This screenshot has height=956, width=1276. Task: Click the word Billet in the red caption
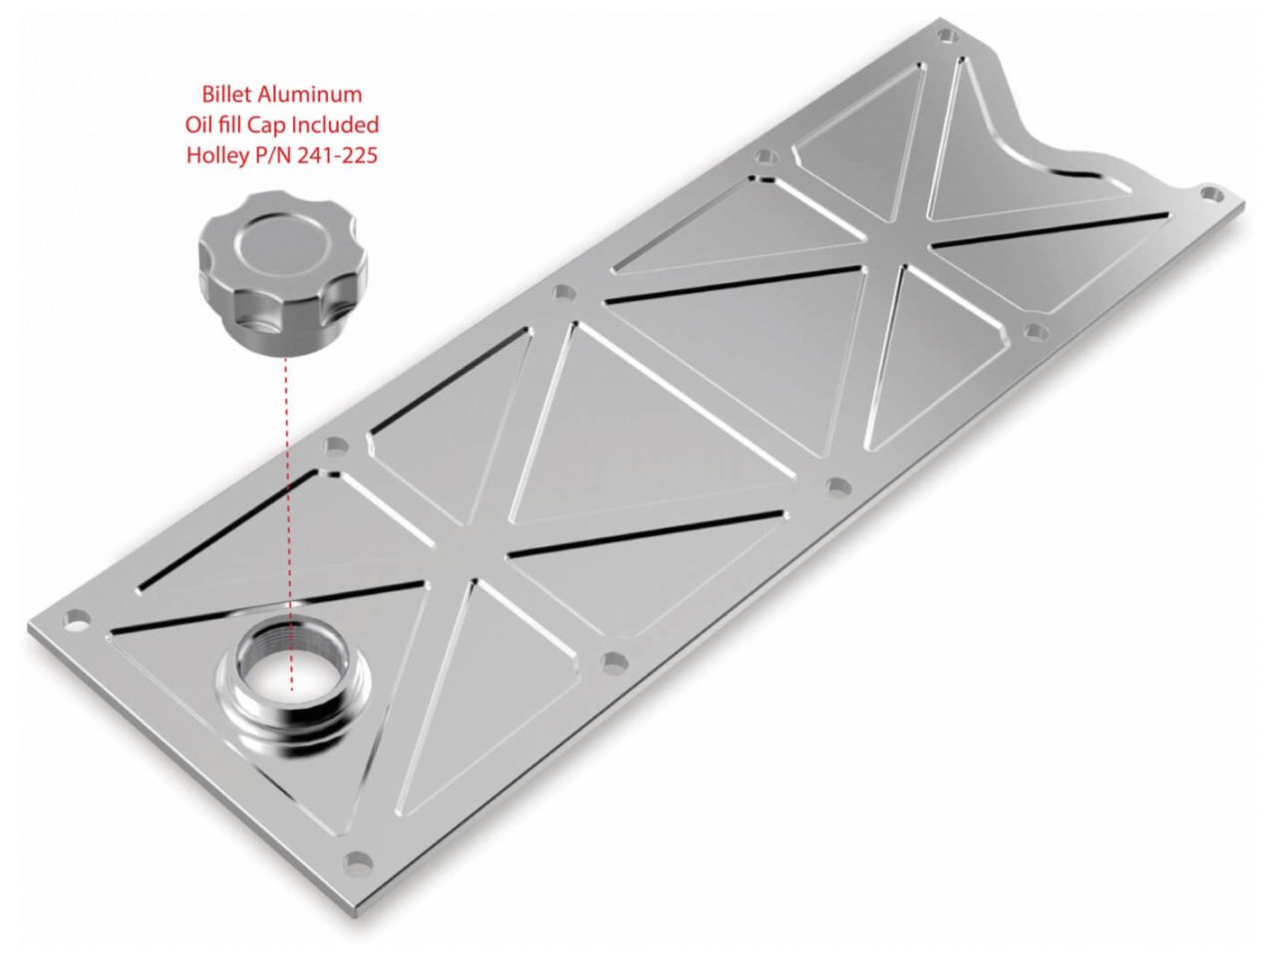225,96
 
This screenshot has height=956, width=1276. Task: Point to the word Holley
215,156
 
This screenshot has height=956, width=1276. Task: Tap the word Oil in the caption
195,126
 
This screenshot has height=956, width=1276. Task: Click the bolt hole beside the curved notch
1209,192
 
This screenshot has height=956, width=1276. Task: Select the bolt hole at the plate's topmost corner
950,36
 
